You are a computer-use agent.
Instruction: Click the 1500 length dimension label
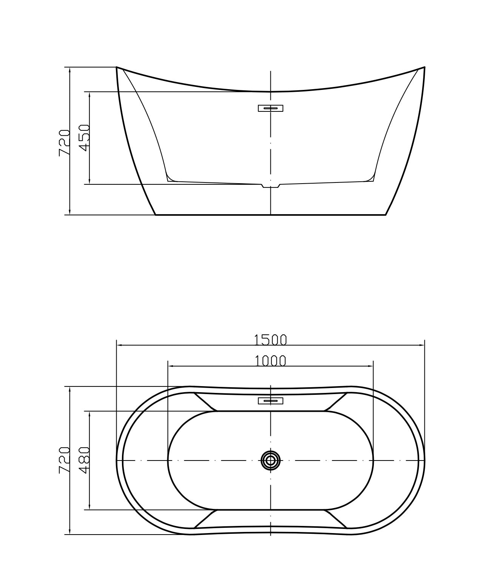pyautogui.click(x=270, y=340)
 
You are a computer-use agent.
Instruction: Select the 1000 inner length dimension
pyautogui.click(x=270, y=361)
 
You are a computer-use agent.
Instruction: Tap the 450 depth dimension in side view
pyautogui.click(x=84, y=138)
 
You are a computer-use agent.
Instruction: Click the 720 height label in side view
pyautogui.click(x=64, y=143)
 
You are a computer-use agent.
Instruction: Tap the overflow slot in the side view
pyautogui.click(x=270, y=108)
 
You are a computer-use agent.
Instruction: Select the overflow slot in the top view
pyautogui.click(x=270, y=400)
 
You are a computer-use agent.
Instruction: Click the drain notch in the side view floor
pyautogui.click(x=271, y=186)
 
